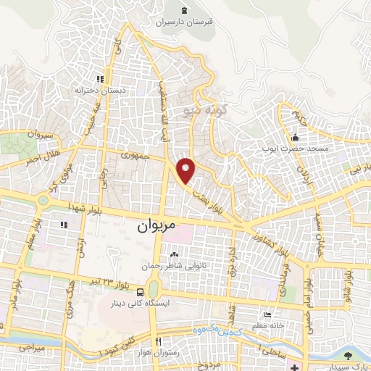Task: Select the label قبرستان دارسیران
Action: tap(184, 22)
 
